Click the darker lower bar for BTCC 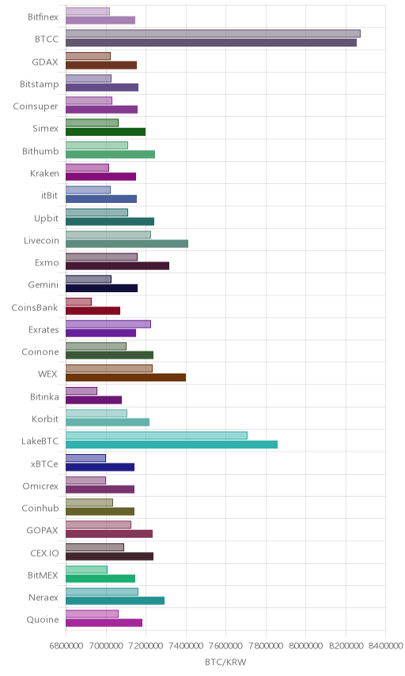pyautogui.click(x=211, y=43)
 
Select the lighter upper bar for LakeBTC pyautogui.click(x=157, y=435)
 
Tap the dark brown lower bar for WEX pyautogui.click(x=126, y=377)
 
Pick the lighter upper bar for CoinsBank pyautogui.click(x=78, y=302)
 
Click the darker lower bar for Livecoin pyautogui.click(x=127, y=243)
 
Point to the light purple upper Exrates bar pyautogui.click(x=108, y=324)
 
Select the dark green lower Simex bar pyautogui.click(x=106, y=132)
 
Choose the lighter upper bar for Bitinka pyautogui.click(x=81, y=391)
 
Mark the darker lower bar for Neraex pyautogui.click(x=115, y=600)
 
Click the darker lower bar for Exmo pyautogui.click(x=117, y=265)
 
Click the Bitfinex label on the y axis pyautogui.click(x=43, y=17)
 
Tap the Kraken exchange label pyautogui.click(x=44, y=173)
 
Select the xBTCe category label pyautogui.click(x=44, y=464)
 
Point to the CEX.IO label pyautogui.click(x=44, y=553)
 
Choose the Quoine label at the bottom pyautogui.click(x=42, y=619)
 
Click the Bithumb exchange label pyautogui.click(x=40, y=151)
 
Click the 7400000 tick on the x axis pyautogui.click(x=186, y=646)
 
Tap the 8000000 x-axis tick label pyautogui.click(x=305, y=646)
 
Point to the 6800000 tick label pyautogui.click(x=66, y=646)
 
